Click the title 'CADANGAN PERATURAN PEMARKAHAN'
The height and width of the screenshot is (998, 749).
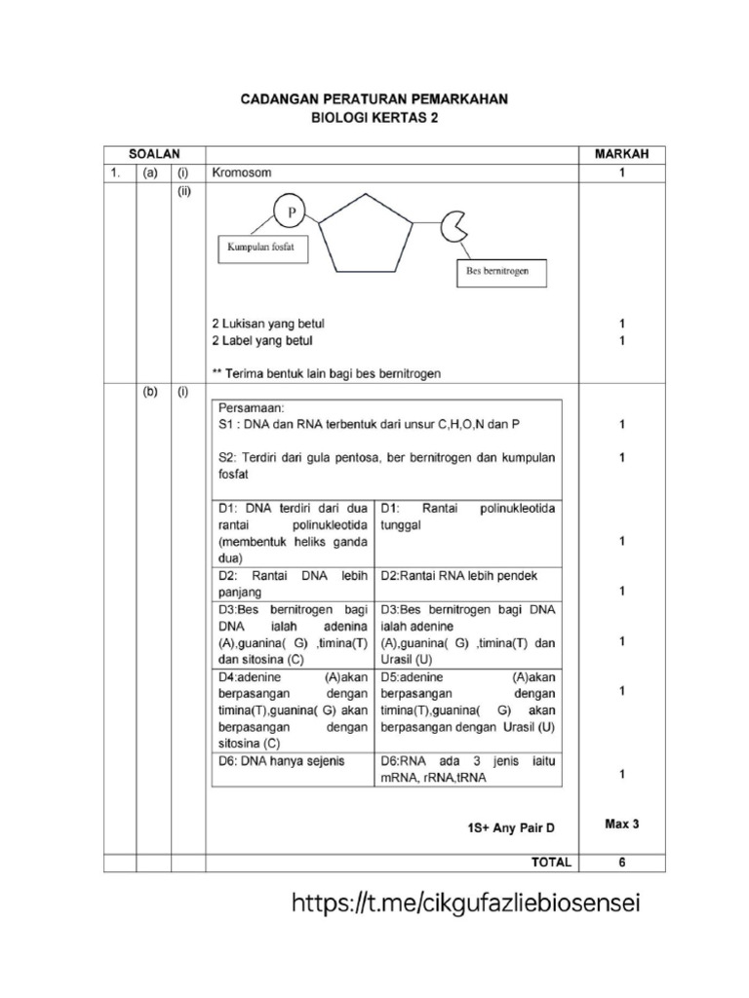point(374,100)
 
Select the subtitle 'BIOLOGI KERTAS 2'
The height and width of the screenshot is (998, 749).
point(374,118)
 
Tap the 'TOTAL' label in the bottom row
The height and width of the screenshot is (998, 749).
point(549,863)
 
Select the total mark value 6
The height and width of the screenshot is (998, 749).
point(621,863)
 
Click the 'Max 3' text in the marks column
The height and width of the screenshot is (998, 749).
point(621,824)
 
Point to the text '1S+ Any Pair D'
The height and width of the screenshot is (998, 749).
point(509,828)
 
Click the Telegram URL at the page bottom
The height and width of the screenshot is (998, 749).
point(466,904)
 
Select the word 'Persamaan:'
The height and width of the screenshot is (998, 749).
point(249,409)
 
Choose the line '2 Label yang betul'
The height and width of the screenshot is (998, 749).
point(263,341)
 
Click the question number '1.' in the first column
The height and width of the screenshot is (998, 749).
point(115,173)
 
